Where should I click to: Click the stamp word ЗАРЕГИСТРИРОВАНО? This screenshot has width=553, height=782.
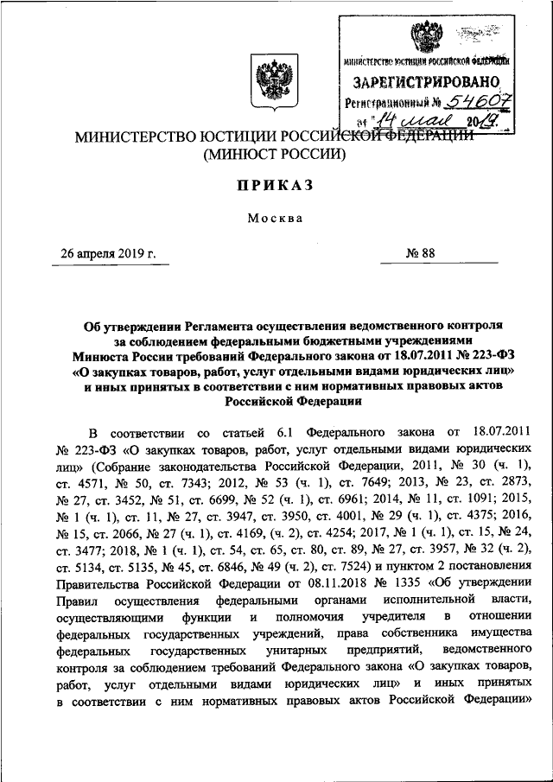[x=427, y=82]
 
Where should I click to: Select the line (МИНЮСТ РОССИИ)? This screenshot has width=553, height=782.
[x=274, y=156]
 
